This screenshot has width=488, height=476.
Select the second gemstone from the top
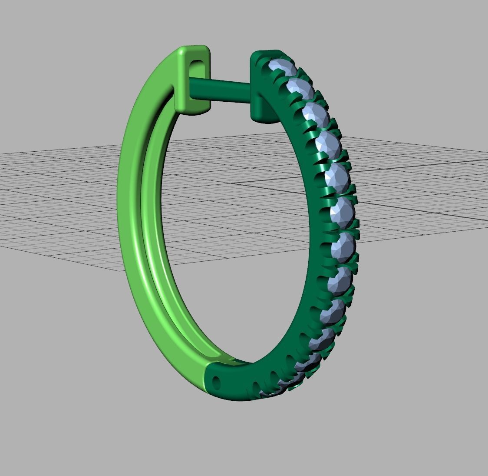pyautogui.click(x=300, y=89)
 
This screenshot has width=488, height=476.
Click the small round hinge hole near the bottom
pyautogui.click(x=218, y=382)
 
